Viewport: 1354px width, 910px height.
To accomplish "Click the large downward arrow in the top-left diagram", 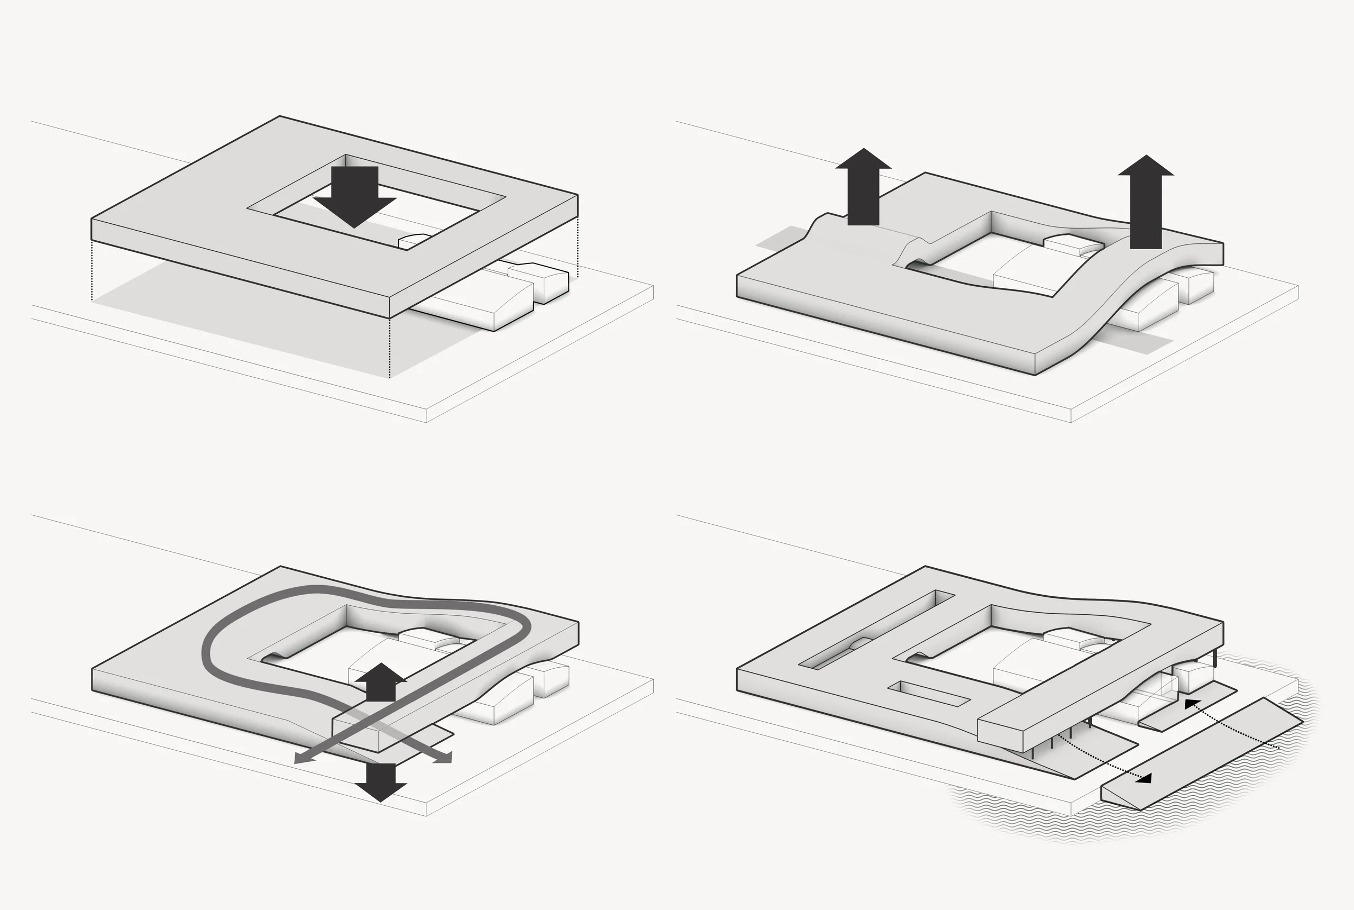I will [x=354, y=197].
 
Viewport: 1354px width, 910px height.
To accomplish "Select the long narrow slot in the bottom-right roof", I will [x=876, y=630].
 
